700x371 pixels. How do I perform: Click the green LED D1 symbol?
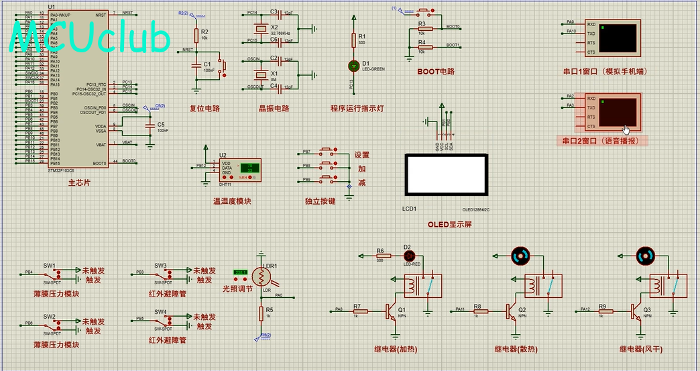point(355,65)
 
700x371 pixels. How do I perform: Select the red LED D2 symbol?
point(407,256)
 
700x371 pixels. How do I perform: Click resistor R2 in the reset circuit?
point(196,35)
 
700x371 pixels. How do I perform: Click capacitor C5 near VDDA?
point(149,124)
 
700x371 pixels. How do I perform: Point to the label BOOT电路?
point(435,71)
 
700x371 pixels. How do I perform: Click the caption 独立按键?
point(320,201)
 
